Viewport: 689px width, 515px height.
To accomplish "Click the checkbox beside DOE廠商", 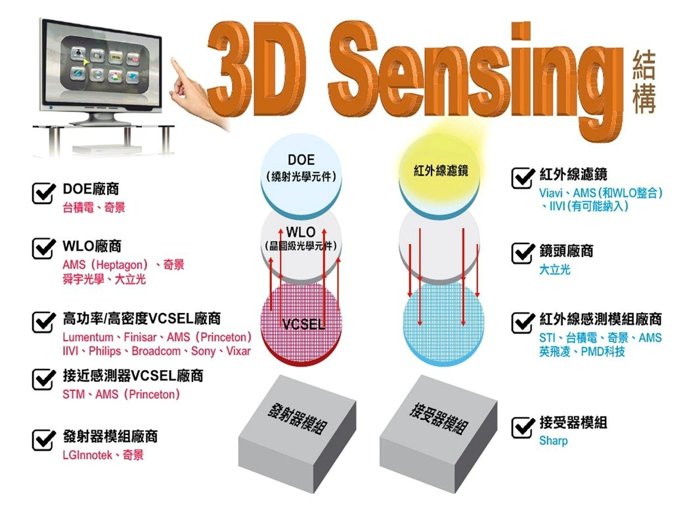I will tap(43, 193).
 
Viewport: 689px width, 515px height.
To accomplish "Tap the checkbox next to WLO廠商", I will tap(43, 250).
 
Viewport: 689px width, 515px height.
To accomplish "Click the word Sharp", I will tap(553, 441).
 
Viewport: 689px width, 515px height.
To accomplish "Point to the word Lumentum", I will tap(88, 337).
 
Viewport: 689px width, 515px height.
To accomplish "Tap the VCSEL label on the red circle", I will tap(302, 325).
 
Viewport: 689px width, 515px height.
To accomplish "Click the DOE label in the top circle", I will tap(301, 160).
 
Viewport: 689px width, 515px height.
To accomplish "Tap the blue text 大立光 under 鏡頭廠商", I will tap(554, 270).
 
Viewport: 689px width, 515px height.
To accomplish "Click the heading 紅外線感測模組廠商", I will tap(600, 319).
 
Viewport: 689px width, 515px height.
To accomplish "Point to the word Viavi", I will tap(550, 194).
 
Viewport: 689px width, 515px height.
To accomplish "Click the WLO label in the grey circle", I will tap(301, 232).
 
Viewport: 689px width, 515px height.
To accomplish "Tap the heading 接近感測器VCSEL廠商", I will tap(133, 376).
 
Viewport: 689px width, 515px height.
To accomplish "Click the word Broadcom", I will tap(155, 352).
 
